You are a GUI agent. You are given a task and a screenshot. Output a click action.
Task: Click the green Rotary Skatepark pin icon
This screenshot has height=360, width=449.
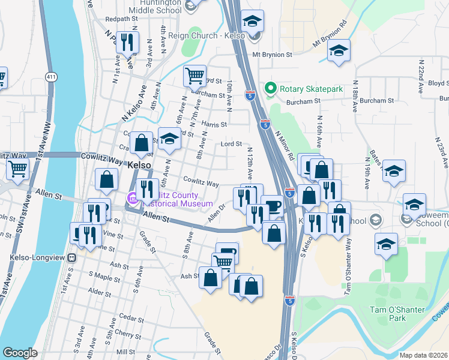[x=270, y=89]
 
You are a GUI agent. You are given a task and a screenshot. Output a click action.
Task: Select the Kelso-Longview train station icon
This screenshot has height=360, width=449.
[x=71, y=258]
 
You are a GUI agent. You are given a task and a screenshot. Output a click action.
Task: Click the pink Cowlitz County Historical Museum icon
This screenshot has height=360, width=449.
[x=132, y=197]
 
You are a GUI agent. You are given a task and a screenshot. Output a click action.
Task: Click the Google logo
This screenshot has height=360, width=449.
[x=20, y=353]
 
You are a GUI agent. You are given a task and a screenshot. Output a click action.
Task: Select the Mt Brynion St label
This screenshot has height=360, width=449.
[x=272, y=55]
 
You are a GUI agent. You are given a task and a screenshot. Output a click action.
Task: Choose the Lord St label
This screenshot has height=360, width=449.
[x=231, y=144]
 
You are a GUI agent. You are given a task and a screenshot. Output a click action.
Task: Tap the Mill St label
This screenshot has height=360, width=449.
[x=126, y=352]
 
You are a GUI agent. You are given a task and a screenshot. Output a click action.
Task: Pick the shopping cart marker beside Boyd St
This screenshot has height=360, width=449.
[x=194, y=76]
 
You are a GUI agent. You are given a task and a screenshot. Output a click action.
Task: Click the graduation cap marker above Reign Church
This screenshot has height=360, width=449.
[x=253, y=20]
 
